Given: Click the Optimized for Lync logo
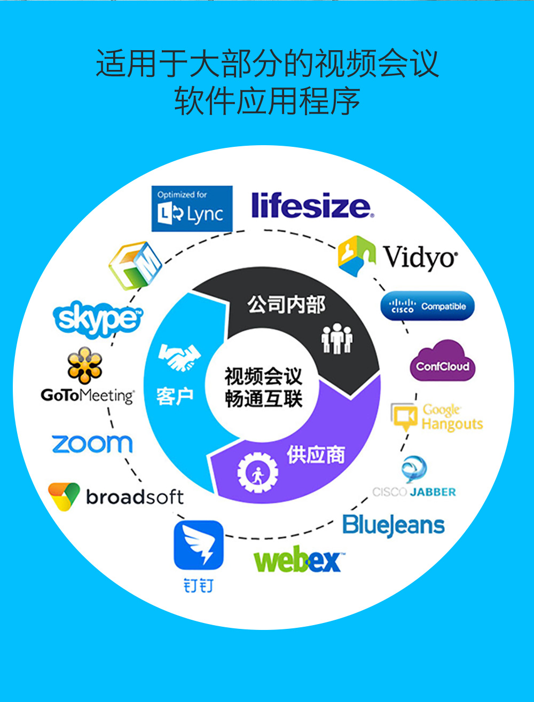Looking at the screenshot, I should point(192,208).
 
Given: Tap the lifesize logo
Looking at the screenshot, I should point(312,206).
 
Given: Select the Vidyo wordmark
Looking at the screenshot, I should point(420,257).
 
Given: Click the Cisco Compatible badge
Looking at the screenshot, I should point(427,306).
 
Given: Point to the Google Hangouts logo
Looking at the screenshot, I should point(437,417).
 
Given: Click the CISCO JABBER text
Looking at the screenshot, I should point(414,492).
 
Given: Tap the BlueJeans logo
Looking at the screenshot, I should point(394,526).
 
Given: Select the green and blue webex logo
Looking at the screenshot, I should point(297,561).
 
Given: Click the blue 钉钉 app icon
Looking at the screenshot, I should point(198,545).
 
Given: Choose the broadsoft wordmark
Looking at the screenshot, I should point(135,497).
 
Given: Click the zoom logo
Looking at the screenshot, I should point(92,444).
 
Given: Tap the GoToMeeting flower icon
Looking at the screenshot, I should point(85,365).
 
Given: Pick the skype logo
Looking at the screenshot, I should point(98,319).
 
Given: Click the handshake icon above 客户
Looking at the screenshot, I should point(179,357).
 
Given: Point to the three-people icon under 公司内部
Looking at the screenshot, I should point(337,339).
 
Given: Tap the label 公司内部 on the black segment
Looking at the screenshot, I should point(286,305).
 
